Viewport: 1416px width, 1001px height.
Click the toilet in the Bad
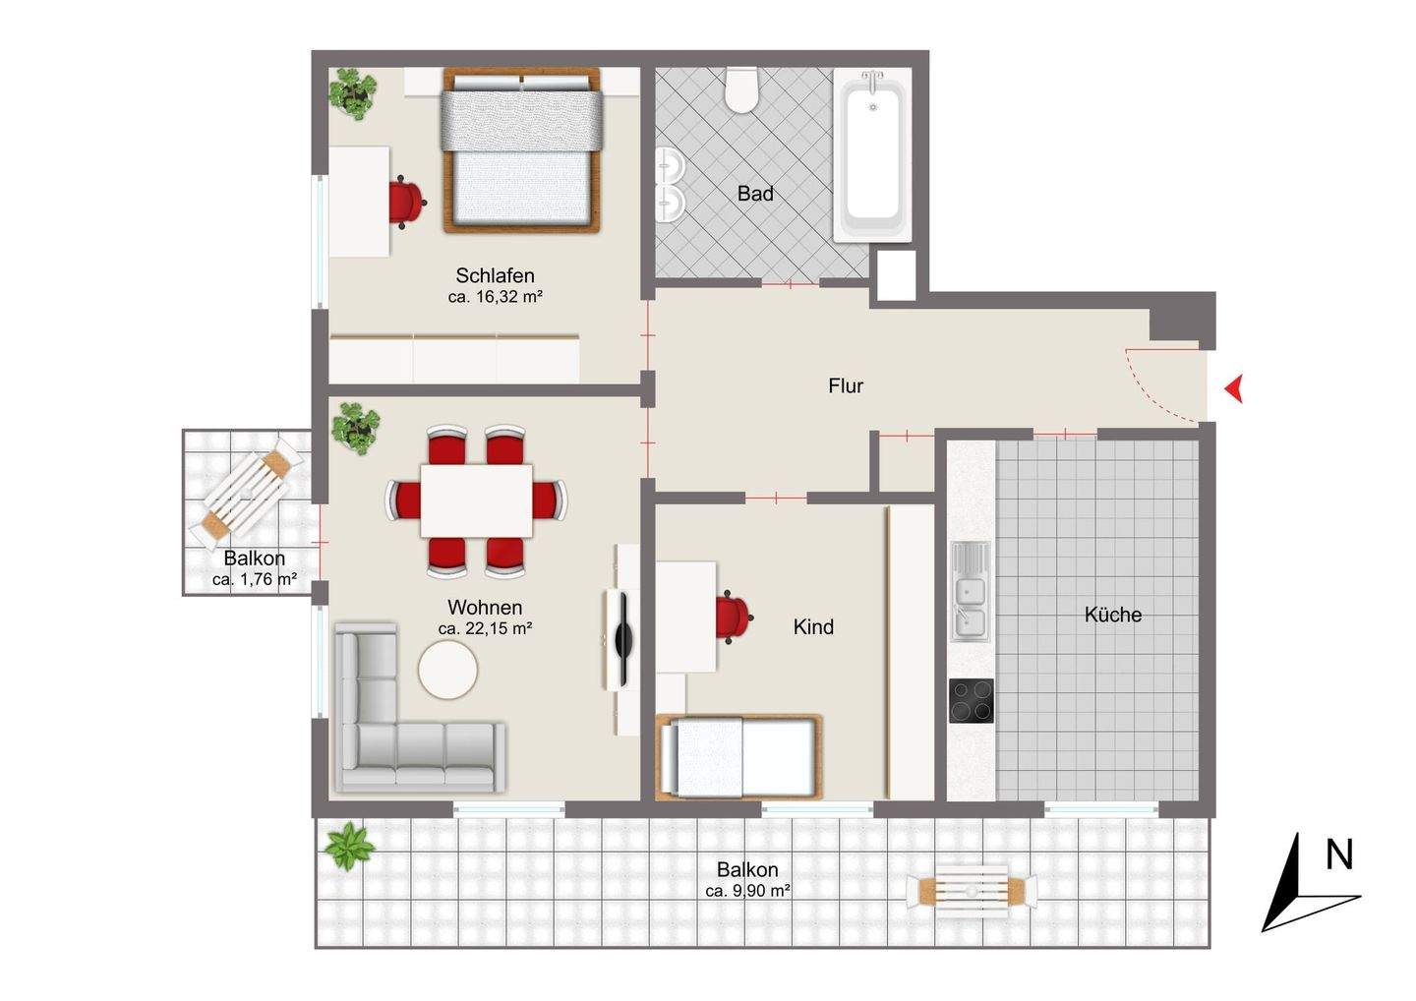(x=740, y=89)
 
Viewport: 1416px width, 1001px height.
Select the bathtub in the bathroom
(x=871, y=154)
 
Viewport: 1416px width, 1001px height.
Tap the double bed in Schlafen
(x=521, y=150)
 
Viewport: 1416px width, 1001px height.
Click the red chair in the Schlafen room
(x=405, y=202)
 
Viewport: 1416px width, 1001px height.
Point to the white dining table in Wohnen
(x=476, y=500)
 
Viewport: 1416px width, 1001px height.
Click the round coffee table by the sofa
(x=447, y=671)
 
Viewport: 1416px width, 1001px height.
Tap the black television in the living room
(x=620, y=639)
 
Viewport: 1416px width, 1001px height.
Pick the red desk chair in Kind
(x=732, y=618)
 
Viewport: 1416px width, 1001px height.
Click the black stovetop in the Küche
(x=971, y=700)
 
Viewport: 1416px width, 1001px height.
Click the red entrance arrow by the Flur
(x=1233, y=389)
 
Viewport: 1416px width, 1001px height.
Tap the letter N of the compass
(x=1338, y=854)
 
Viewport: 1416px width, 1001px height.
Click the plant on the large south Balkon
(x=349, y=846)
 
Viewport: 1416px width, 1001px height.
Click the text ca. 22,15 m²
(x=485, y=629)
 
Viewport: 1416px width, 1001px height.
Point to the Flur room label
(x=845, y=386)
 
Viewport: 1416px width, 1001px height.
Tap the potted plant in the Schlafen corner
(x=352, y=92)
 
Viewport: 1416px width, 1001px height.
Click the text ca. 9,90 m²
(x=748, y=891)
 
